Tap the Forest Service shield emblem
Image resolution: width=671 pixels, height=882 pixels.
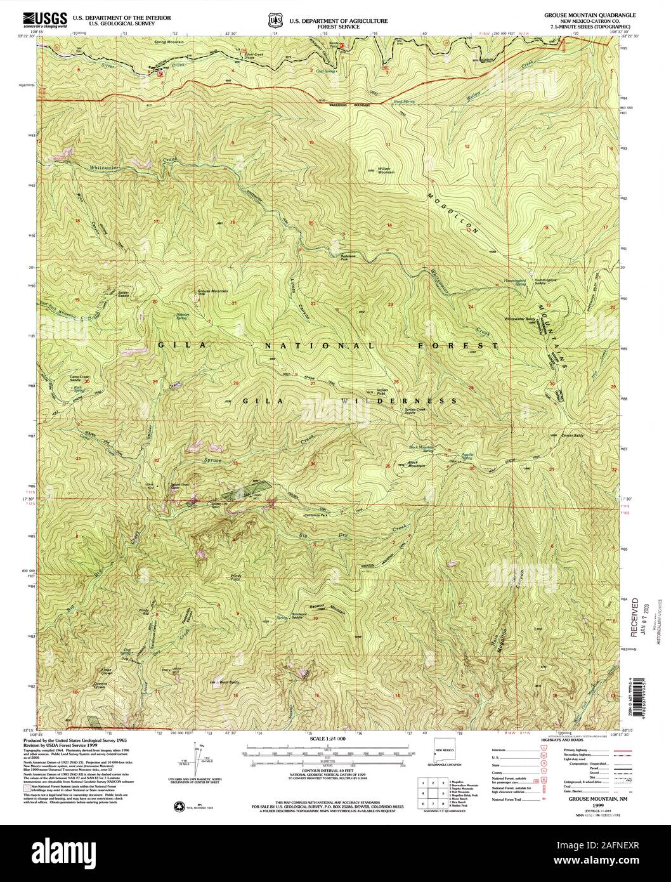pyautogui.click(x=275, y=21)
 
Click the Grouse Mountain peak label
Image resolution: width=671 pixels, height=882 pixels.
pyautogui.click(x=212, y=291)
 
